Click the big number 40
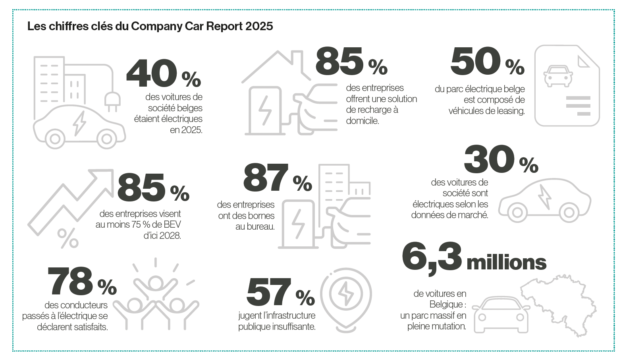tap(151, 74)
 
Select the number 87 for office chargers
tap(266, 178)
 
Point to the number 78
tap(70, 281)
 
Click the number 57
tap(268, 292)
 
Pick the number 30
tap(489, 159)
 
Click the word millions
tap(506, 263)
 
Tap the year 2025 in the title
tap(259, 26)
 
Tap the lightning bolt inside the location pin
tap(345, 294)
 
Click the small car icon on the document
tap(558, 75)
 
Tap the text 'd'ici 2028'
tap(162, 235)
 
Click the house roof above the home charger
tap(277, 60)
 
